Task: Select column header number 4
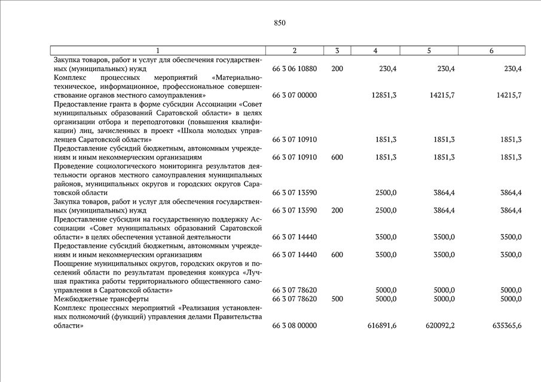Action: coord(375,51)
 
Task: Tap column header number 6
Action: coord(491,51)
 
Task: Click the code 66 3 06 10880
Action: coord(294,69)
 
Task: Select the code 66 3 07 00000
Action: coord(294,95)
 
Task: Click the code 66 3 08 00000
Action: coord(294,326)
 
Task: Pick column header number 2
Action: coord(294,51)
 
